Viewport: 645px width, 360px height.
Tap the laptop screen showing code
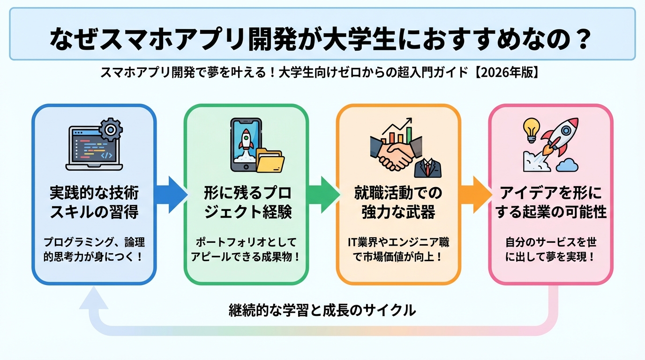(92, 146)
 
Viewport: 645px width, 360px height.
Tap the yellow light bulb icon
(531, 128)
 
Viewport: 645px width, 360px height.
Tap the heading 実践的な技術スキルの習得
(94, 202)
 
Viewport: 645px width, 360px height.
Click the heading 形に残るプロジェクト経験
(247, 202)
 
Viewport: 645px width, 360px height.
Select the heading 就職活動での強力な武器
(398, 202)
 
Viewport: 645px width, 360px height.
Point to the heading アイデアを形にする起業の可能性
(551, 202)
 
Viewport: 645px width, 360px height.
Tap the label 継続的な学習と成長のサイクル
(322, 310)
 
